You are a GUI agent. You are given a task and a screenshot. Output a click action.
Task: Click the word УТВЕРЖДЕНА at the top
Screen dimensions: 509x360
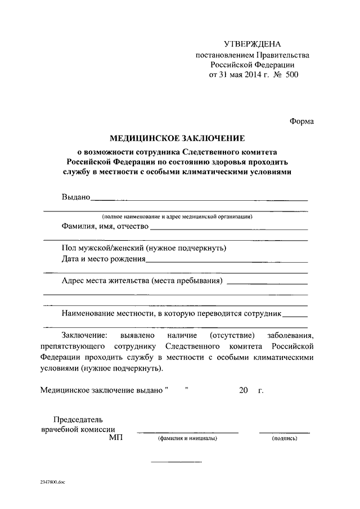click(x=252, y=44)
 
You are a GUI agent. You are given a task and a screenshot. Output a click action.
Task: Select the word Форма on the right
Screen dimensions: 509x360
click(x=302, y=120)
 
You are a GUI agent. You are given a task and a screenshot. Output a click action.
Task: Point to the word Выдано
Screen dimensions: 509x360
click(x=75, y=197)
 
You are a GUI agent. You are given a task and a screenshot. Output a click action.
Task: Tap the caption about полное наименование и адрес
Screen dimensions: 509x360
click(x=177, y=216)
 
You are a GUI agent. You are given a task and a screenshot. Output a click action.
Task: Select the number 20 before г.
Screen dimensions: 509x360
click(x=243, y=390)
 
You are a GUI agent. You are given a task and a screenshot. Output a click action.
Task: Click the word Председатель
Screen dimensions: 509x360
click(x=78, y=419)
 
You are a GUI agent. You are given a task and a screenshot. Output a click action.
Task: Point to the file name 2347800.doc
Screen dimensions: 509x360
click(x=53, y=482)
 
